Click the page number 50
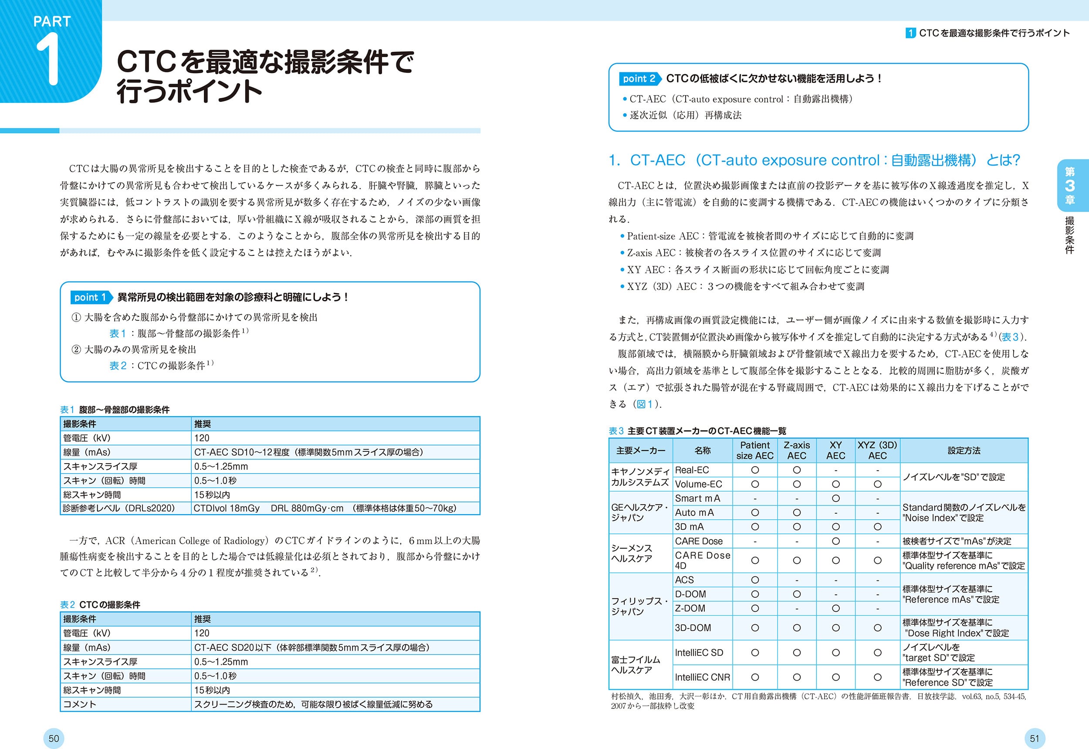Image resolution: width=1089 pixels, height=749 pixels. [54, 738]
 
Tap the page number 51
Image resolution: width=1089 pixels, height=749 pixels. [1035, 738]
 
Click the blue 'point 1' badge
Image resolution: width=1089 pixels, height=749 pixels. [90, 297]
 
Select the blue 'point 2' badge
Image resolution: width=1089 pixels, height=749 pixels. [639, 79]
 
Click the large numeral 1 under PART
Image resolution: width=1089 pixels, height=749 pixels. [48, 60]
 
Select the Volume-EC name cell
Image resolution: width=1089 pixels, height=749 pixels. [698, 484]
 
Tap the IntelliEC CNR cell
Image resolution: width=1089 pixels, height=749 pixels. [702, 677]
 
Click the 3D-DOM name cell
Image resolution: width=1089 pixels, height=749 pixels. [693, 627]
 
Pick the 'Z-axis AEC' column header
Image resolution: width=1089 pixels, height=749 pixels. [796, 450]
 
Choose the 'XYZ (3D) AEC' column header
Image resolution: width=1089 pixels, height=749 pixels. [877, 450]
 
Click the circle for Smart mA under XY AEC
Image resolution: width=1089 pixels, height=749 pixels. [835, 498]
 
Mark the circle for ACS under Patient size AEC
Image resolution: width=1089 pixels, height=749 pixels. [754, 580]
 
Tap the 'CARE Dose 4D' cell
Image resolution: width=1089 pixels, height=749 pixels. [702, 560]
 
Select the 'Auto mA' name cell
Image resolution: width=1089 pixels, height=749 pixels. [694, 512]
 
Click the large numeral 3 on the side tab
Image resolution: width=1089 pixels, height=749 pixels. [1069, 185]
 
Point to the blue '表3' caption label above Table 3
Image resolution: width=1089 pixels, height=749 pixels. [616, 431]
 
